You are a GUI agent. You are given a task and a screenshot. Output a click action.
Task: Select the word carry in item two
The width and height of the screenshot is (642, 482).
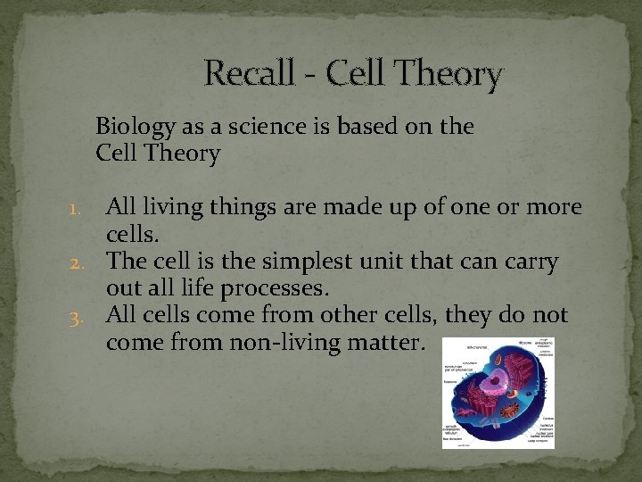coord(532,262)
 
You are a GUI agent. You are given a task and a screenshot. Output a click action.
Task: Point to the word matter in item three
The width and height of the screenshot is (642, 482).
coord(394,343)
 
